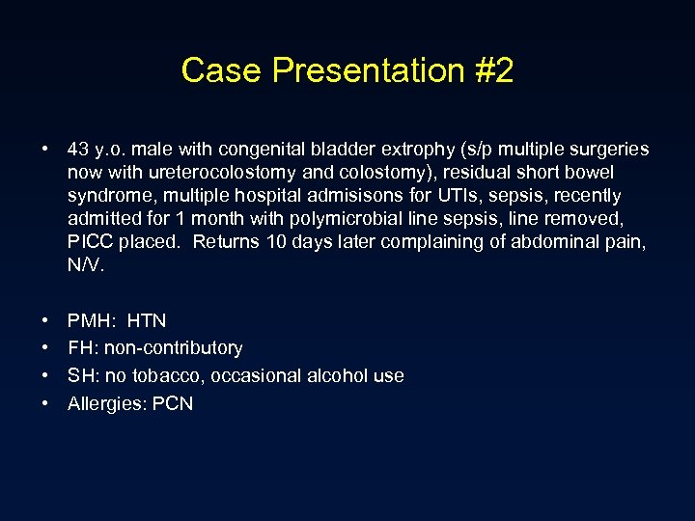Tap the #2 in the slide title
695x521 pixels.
tap(492, 70)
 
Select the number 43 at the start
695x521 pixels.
tap(78, 150)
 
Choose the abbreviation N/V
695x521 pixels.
tap(84, 265)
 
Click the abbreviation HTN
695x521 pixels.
tap(147, 320)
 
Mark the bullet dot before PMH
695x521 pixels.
tap(45, 320)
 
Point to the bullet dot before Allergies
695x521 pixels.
tap(45, 404)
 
